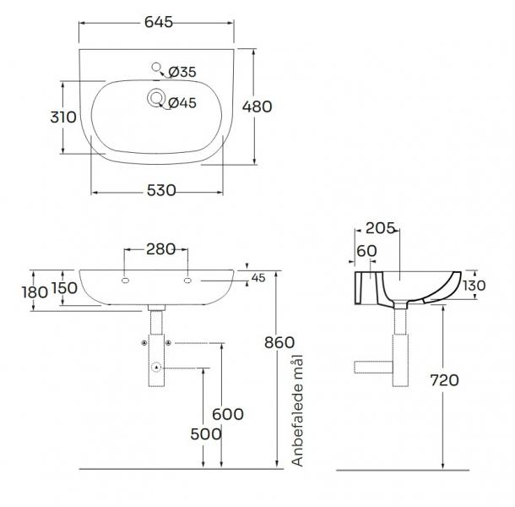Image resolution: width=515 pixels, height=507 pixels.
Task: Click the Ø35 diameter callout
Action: pos(182,73)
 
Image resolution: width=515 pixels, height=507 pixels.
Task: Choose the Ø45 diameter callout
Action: pos(182,102)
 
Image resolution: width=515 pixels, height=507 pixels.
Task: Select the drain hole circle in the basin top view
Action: pos(156,98)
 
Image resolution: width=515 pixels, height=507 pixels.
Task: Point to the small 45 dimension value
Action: pos(258,277)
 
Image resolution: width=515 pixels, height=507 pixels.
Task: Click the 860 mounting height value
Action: pos(279,342)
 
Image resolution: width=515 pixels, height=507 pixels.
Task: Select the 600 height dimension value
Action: pos(228,414)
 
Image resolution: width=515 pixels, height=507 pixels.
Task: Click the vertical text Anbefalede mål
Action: pos(296,412)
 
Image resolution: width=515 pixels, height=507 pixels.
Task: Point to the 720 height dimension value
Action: pos(443,380)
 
